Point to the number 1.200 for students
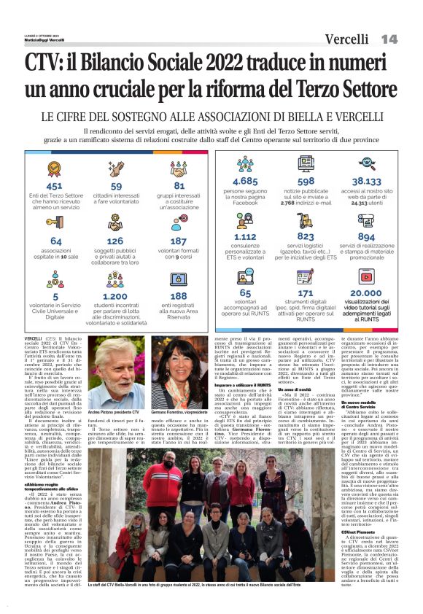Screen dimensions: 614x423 click(115, 297)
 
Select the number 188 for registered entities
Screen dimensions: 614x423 click(178, 297)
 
